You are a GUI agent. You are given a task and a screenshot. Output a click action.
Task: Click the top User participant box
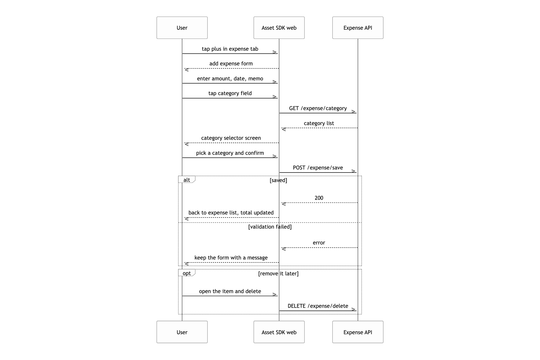[x=182, y=28]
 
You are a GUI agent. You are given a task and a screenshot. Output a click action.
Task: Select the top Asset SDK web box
[x=279, y=28]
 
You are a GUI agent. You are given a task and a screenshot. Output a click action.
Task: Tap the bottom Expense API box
[x=358, y=332]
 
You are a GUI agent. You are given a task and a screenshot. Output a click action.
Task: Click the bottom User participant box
[x=182, y=332]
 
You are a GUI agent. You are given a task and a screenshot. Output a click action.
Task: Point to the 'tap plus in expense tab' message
[x=230, y=49]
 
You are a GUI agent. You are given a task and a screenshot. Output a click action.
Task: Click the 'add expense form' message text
[x=231, y=64]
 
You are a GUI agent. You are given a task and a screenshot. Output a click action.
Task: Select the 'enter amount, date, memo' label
[x=230, y=79]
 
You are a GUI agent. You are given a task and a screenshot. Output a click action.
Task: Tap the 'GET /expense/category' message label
[x=318, y=108]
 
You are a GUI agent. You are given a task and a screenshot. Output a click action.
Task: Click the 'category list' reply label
[x=319, y=123]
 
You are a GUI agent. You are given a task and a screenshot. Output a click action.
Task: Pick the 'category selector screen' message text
[x=231, y=138]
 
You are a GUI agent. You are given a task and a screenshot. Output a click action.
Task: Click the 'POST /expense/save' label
[x=318, y=168]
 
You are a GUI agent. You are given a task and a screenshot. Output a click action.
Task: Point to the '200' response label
[x=319, y=198]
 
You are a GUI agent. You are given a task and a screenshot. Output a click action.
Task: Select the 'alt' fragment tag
[x=187, y=180]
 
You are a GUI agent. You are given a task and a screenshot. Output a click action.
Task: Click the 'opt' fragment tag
[x=187, y=273]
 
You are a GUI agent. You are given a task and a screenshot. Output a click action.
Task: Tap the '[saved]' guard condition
[x=278, y=180]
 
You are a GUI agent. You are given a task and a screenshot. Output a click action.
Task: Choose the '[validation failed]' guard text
[x=270, y=227]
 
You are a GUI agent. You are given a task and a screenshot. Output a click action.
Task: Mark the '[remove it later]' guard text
[x=278, y=274]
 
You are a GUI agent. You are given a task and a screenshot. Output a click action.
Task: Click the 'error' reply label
[x=319, y=243]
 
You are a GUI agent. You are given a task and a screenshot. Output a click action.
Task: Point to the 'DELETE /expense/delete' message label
[x=318, y=306]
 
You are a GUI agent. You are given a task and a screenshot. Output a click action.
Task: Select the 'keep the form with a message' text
[x=231, y=258]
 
